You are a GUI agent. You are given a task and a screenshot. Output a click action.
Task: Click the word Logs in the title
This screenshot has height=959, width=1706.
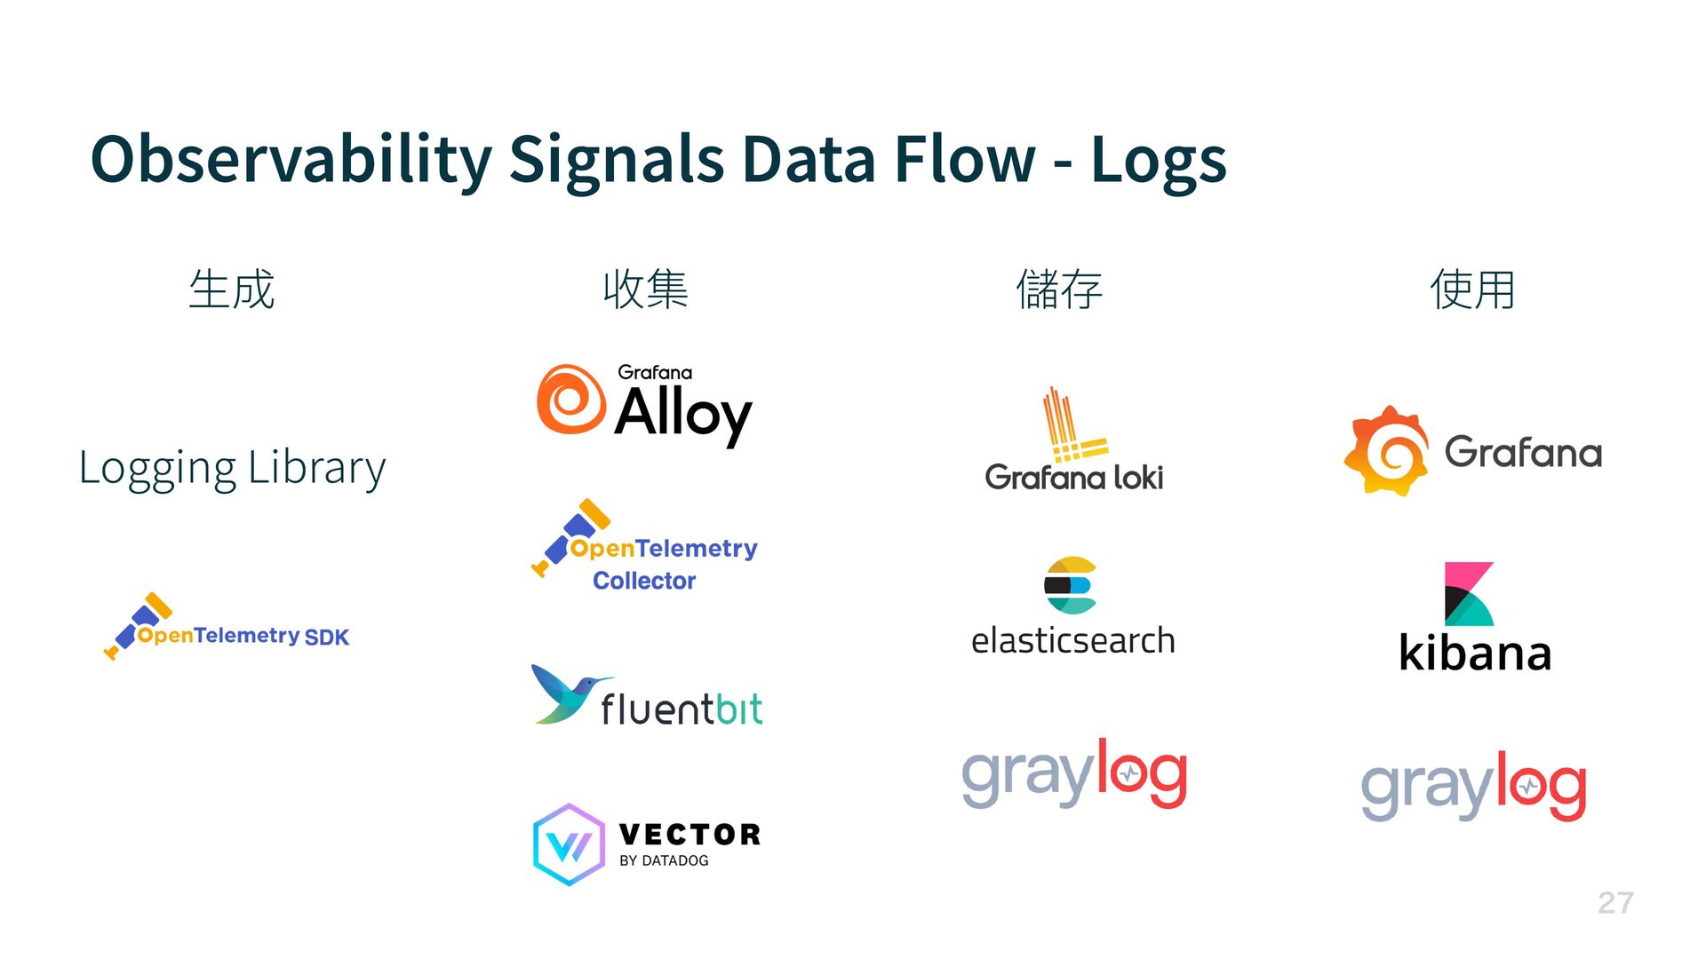point(1158,161)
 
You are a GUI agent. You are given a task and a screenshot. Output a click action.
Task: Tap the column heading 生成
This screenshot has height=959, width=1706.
point(232,289)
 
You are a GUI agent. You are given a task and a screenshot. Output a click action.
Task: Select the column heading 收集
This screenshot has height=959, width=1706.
point(645,289)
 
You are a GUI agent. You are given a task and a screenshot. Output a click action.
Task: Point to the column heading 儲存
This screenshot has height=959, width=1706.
point(1059,289)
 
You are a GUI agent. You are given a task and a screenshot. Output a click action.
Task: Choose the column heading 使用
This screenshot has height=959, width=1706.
point(1472,289)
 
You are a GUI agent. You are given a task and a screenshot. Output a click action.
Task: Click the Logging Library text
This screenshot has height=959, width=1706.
point(232,468)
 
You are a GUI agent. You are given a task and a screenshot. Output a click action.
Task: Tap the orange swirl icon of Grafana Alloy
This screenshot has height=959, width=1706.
point(570,400)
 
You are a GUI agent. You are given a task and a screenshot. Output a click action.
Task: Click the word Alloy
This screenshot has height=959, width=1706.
point(682,414)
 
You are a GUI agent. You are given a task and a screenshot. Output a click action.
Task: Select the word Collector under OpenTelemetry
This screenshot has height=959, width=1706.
point(644,581)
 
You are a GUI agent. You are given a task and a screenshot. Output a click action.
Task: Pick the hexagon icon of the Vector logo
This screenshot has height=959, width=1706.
point(569,844)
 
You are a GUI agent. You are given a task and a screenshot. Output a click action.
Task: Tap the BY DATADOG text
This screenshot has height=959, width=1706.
point(664,860)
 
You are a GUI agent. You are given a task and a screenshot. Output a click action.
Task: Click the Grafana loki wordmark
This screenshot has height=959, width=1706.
point(1073,478)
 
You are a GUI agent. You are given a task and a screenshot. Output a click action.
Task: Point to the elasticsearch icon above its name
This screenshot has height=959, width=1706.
point(1070,585)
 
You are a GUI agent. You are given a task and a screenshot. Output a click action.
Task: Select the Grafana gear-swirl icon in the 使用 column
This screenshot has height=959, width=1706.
point(1386,451)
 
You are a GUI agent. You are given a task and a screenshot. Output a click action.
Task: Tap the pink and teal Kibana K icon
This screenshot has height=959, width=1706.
point(1468,594)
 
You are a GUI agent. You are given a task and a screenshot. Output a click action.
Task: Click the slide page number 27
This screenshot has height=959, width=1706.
point(1614,903)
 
